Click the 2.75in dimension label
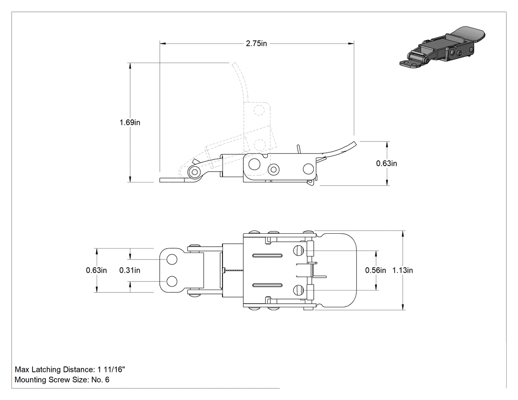[257, 43]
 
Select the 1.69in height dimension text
[130, 122]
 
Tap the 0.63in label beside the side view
[386, 163]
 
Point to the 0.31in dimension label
[130, 270]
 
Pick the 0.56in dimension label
[375, 270]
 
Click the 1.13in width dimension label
[403, 270]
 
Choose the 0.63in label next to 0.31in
[97, 270]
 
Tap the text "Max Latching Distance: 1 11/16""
[70, 369]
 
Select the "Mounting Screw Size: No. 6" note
[62, 379]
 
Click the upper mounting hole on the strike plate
[172, 259]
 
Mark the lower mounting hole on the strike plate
[172, 282]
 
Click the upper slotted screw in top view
[298, 251]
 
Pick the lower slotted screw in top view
[298, 290]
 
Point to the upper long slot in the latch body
[267, 255]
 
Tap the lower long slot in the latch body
[267, 285]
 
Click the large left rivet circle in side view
[255, 164]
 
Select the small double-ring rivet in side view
[273, 170]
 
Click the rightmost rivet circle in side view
[308, 169]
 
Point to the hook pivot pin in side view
[195, 172]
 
